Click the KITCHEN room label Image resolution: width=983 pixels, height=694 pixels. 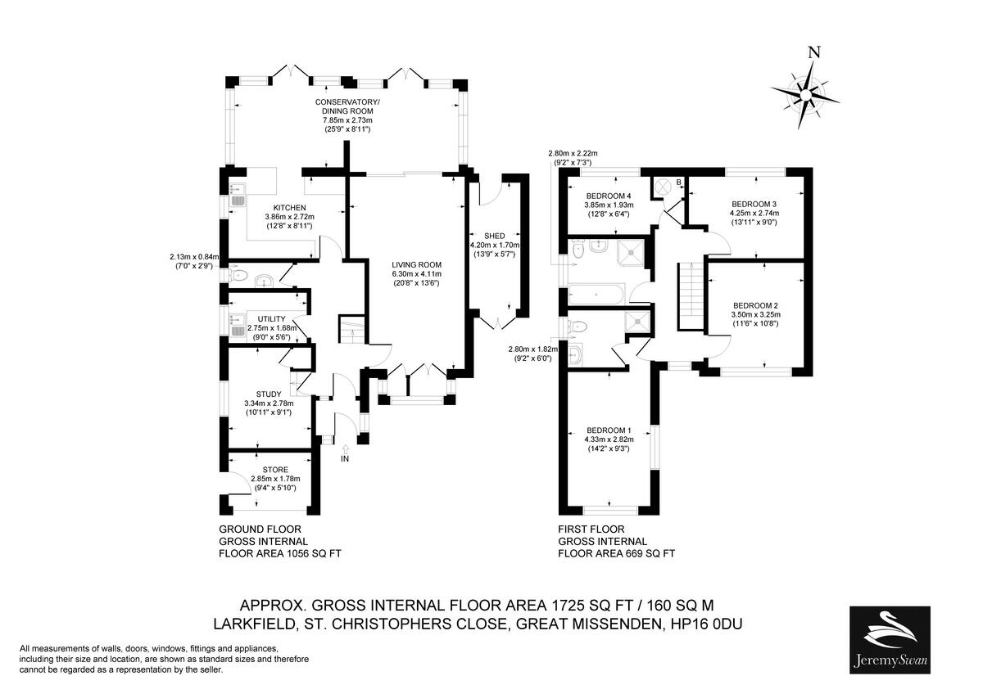pos(289,207)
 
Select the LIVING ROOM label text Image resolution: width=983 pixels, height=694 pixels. pos(416,265)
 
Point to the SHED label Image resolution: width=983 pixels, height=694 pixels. pos(494,235)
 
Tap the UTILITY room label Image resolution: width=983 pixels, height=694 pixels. pos(270,318)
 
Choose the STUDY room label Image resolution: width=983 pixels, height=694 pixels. pos(269,394)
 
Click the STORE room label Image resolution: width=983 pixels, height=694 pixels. pos(275,469)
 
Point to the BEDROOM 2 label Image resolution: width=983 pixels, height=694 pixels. pos(755,304)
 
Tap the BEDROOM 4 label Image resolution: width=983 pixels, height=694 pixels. pos(608,196)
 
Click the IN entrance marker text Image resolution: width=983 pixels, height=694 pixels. pos(345,460)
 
